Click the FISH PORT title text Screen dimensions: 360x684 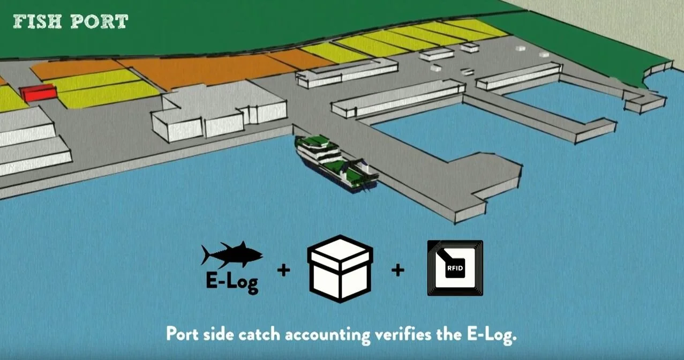(70, 21)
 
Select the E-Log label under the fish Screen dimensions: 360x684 (232, 282)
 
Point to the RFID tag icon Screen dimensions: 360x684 (455, 268)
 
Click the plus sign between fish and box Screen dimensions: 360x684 (284, 270)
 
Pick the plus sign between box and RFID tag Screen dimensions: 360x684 (397, 270)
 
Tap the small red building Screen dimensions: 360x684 (38, 93)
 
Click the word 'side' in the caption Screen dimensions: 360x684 (221, 334)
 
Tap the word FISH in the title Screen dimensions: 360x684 (36, 21)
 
